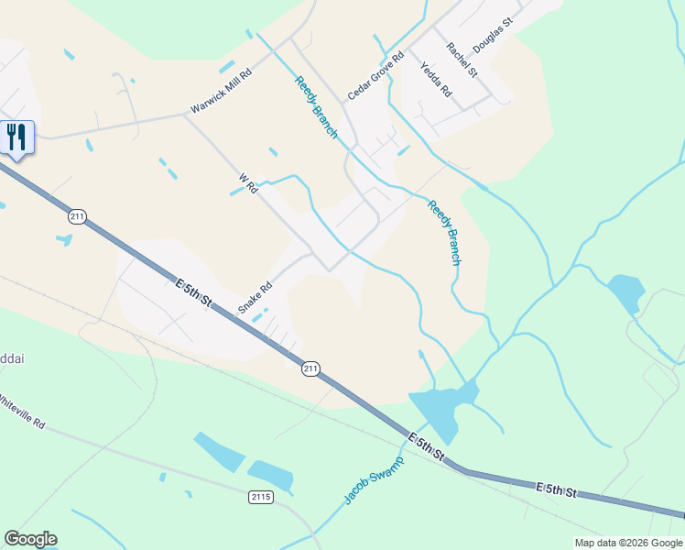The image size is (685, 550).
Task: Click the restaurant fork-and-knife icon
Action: tap(16, 137)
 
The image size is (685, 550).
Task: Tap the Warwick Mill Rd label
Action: tap(221, 93)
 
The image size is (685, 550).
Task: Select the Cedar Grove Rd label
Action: tap(375, 76)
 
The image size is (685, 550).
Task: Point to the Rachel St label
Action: tap(462, 59)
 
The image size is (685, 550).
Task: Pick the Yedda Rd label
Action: tap(436, 79)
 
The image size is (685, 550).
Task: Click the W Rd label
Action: tap(247, 183)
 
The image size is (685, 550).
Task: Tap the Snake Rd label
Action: tap(256, 298)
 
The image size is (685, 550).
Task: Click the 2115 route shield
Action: tap(261, 497)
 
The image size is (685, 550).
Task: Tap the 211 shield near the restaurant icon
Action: tap(77, 216)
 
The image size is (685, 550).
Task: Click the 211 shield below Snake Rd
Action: tap(311, 368)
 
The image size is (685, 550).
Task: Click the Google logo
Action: tap(30, 539)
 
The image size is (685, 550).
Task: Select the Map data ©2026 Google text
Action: tap(628, 543)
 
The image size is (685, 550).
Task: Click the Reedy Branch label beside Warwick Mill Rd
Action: tap(316, 108)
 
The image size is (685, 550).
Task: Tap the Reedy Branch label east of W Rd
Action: tap(444, 233)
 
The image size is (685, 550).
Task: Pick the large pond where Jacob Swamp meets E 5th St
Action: tap(438, 409)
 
